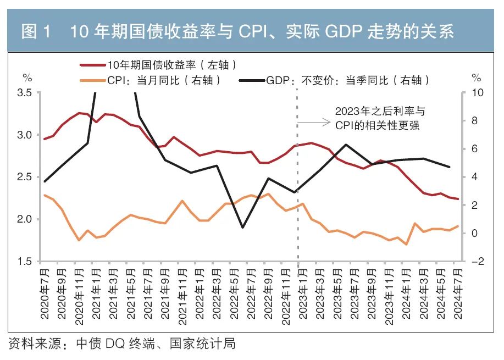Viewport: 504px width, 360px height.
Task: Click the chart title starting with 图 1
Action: pyautogui.click(x=237, y=31)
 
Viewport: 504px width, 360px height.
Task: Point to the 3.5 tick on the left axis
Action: pyautogui.click(x=25, y=92)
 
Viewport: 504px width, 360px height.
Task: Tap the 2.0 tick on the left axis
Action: pyautogui.click(x=25, y=219)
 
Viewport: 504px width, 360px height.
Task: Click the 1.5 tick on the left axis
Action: pyautogui.click(x=25, y=262)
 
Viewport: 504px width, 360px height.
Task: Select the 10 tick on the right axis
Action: pyautogui.click(x=478, y=92)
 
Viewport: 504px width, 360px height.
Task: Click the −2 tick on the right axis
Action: pyautogui.click(x=477, y=262)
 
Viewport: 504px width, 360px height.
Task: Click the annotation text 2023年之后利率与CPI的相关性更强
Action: pyautogui.click(x=379, y=118)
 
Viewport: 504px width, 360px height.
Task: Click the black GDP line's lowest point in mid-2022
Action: pyautogui.click(x=242, y=227)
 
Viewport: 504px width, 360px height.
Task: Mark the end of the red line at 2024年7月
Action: pyautogui.click(x=458, y=199)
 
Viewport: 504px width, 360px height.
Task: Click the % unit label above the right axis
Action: pyautogui.click(x=476, y=77)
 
